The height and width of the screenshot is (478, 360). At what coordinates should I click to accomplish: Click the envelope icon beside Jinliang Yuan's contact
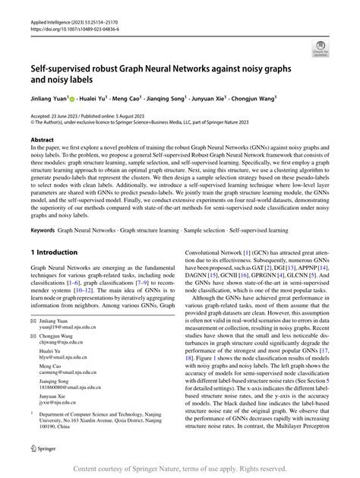pyautogui.click(x=33, y=322)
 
